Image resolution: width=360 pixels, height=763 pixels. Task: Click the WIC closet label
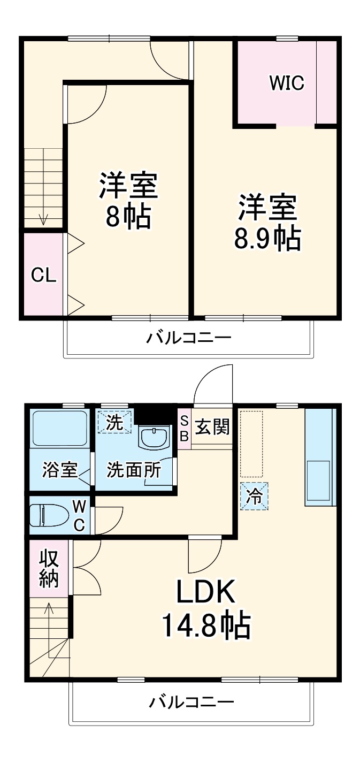[286, 83]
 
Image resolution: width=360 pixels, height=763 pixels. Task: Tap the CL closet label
[43, 275]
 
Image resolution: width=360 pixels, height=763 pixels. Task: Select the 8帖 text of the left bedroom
[127, 217]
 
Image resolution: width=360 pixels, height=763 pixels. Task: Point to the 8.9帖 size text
[267, 239]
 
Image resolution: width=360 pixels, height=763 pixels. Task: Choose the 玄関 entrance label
[212, 428]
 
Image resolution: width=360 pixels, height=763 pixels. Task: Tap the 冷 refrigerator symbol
[254, 497]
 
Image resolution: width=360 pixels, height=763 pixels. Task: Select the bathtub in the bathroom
[59, 428]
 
